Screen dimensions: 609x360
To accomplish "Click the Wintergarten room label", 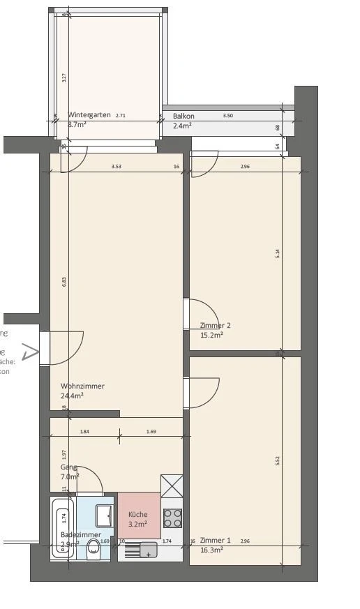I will pos(89,115).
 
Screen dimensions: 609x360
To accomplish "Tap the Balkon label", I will pos(183,116).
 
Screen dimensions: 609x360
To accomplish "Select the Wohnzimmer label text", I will pos(82,386).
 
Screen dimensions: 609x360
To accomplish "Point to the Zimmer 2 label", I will pos(215,325).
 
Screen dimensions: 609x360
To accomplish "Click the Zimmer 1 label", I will pos(215,541).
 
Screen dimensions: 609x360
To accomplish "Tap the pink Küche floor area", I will pos(138,516).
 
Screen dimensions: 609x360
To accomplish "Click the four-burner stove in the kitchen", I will pos(173,518).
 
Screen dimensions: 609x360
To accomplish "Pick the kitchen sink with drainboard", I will pos(140,550).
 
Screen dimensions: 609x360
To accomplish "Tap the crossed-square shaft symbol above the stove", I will pos(172,486).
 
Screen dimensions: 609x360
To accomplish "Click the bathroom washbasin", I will pos(104,514).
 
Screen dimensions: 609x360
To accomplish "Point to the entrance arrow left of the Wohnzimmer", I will pos(30,352).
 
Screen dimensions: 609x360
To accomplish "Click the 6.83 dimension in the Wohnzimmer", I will pos(64,281).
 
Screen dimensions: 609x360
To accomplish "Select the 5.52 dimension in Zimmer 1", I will pos(278,461).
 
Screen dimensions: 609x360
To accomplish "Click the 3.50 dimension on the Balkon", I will pos(227,116).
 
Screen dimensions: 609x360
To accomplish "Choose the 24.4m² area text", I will pos(73,396).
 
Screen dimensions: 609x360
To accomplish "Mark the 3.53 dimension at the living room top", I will pos(117,167).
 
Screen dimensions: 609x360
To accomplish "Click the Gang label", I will pos(68,467).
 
